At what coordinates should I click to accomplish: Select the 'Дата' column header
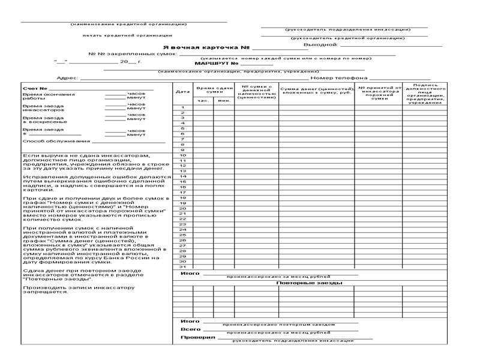182,91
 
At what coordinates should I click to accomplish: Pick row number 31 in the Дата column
182,266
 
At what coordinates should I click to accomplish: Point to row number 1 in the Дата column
182,107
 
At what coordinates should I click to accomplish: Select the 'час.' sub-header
203,100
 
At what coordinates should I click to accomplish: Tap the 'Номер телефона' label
338,78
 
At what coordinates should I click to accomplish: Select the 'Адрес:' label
67,78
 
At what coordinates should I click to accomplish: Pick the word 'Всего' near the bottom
190,329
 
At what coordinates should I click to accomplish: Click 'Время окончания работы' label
40,96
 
